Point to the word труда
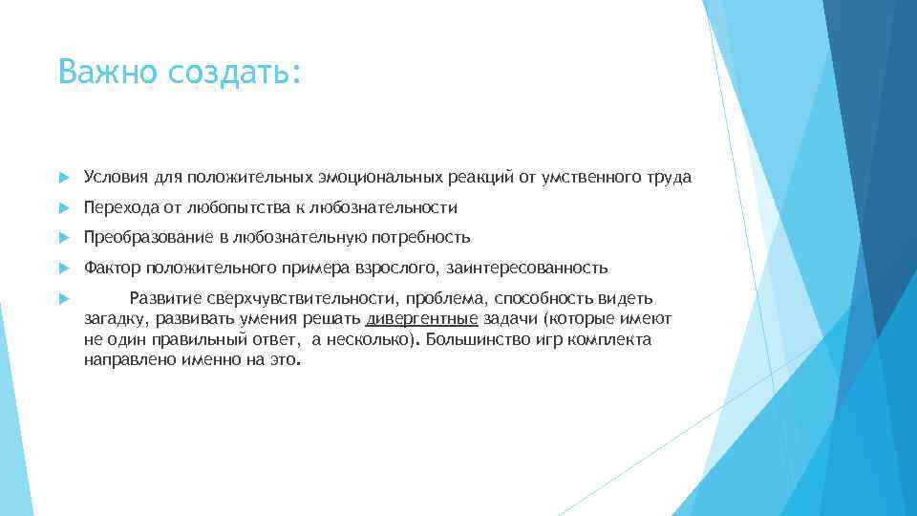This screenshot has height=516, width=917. pos(671,177)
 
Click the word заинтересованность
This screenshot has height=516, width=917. pos(526,268)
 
